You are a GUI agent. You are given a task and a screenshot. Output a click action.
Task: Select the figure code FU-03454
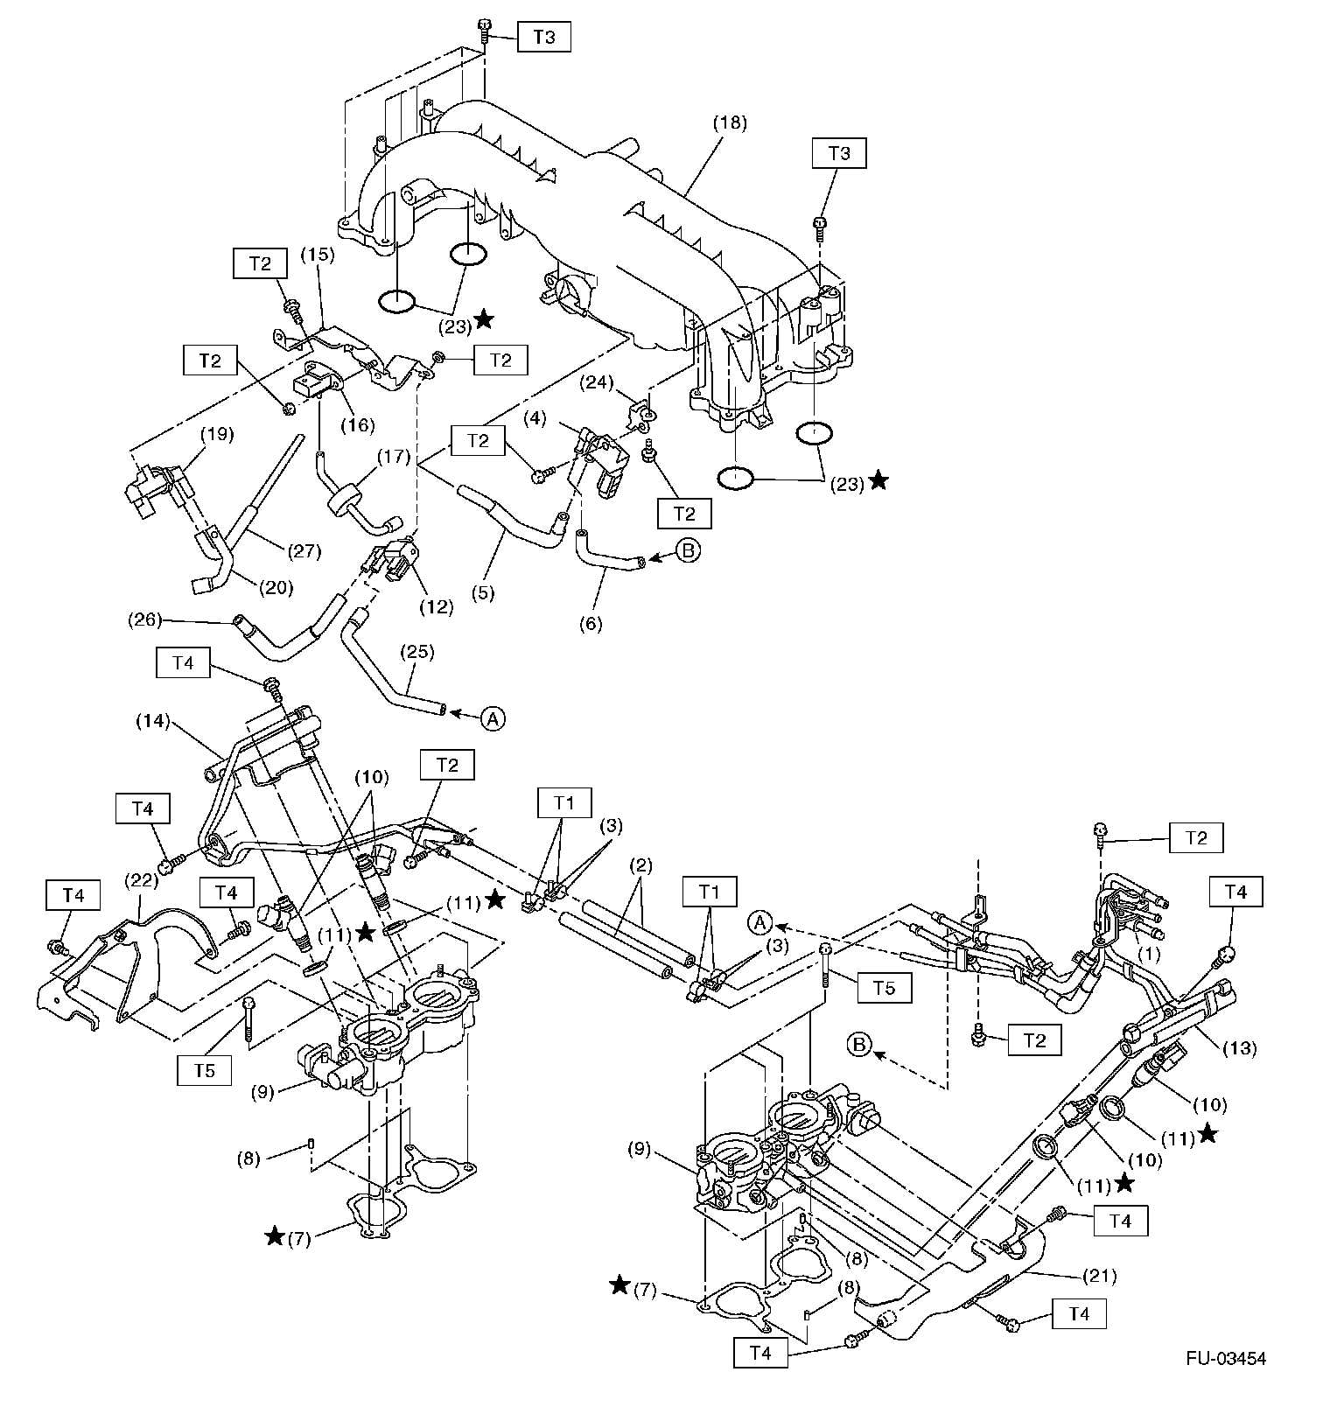point(1226,1358)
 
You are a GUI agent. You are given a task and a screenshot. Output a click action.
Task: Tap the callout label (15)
point(318,255)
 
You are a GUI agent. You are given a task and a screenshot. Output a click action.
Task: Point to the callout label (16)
point(358,425)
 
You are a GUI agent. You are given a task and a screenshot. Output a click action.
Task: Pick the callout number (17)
point(393,456)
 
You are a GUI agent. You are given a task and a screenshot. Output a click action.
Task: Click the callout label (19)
point(218,434)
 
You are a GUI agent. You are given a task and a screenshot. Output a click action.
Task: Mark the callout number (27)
point(304,551)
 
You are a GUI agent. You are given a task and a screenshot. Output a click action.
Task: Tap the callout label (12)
point(437,606)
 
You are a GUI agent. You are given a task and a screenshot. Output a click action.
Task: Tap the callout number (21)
point(1099,1276)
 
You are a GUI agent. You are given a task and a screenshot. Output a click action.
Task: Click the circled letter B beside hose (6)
point(689,551)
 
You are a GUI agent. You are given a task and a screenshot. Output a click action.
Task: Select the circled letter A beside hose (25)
point(493,718)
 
